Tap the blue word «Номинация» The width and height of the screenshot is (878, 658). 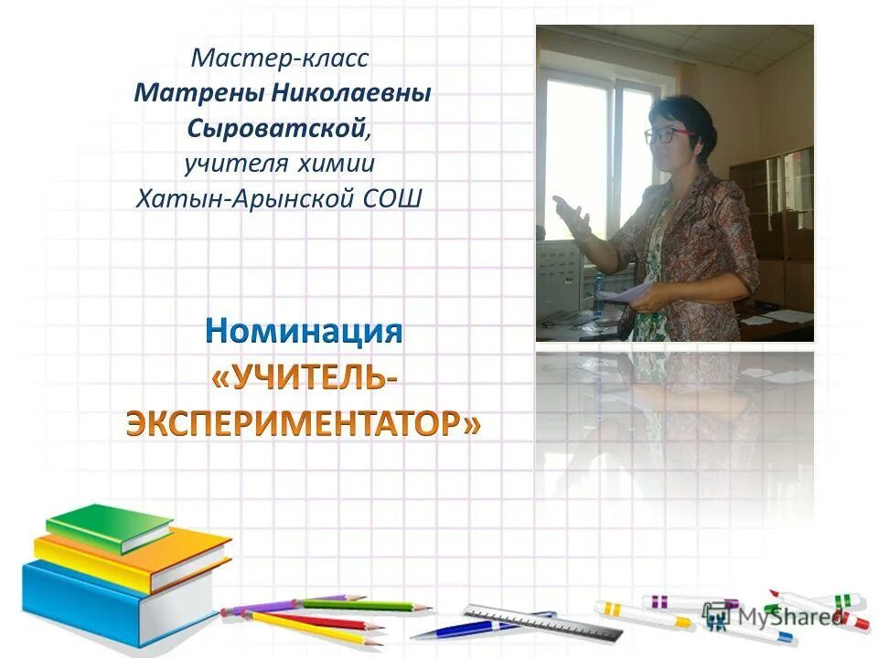(x=304, y=331)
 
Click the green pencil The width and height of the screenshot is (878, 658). (x=366, y=604)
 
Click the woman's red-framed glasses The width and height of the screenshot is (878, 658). (x=670, y=134)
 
